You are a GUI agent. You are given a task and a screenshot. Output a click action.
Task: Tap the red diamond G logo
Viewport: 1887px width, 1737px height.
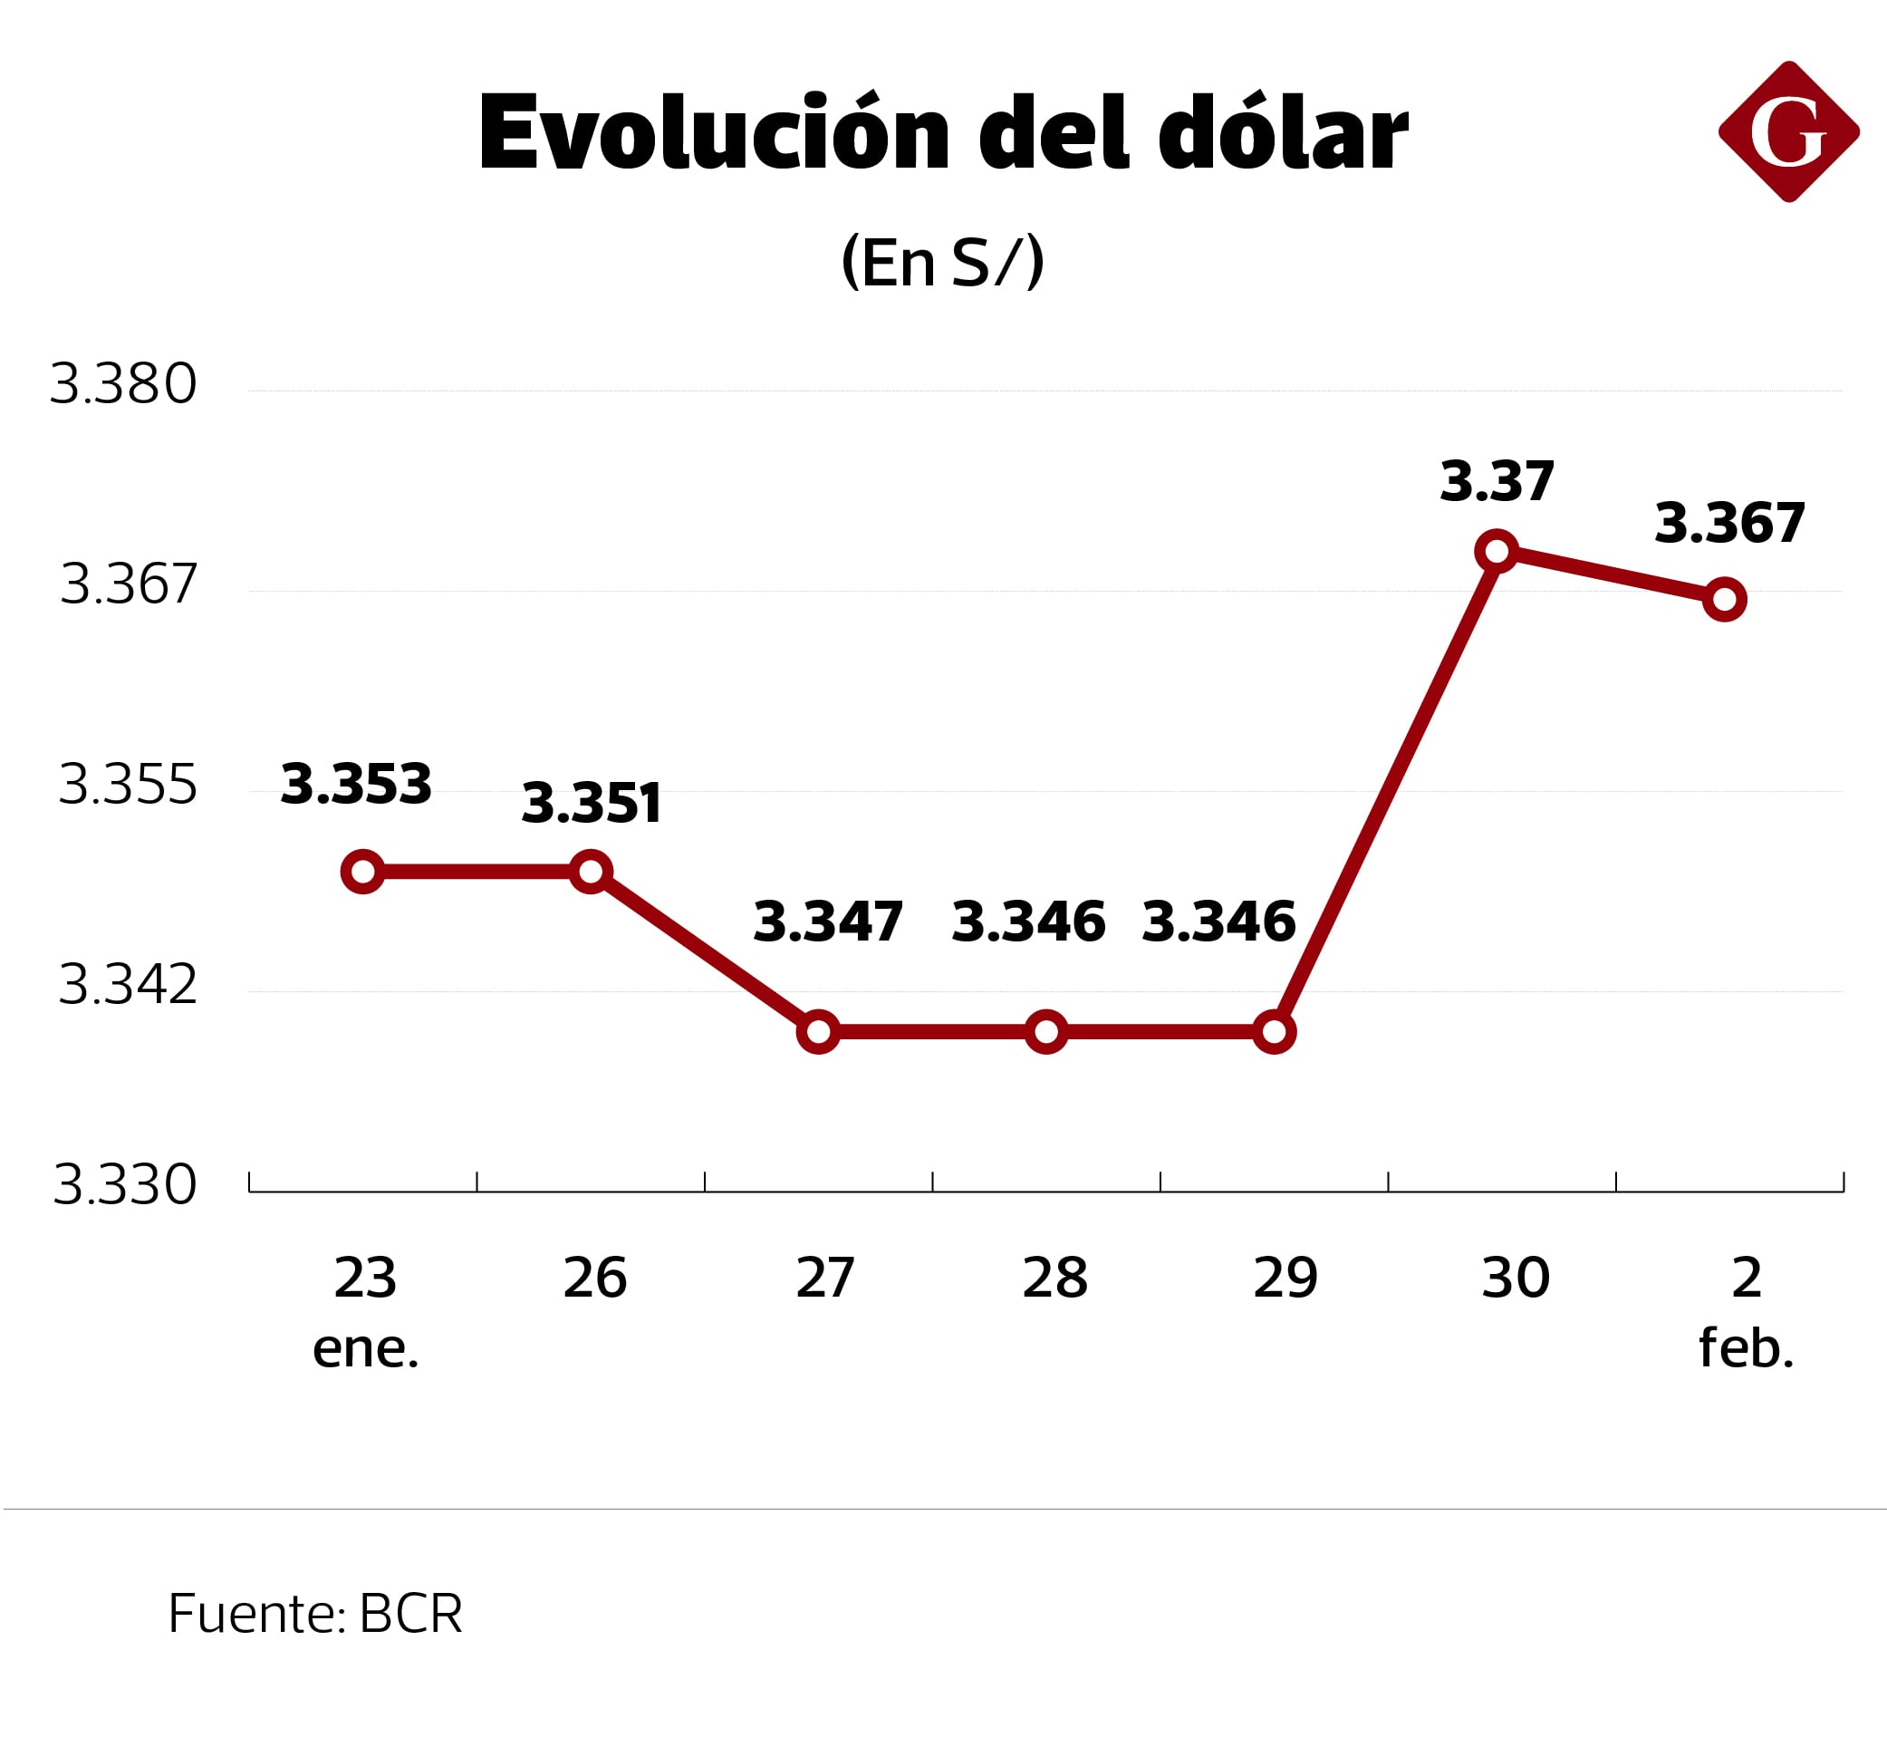tap(1787, 131)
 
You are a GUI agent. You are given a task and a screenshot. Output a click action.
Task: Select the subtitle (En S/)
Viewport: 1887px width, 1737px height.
tap(942, 262)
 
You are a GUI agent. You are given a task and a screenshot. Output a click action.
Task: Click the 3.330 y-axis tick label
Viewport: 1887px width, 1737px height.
tap(125, 1184)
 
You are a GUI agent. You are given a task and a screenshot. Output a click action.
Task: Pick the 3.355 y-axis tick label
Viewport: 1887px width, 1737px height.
tap(128, 784)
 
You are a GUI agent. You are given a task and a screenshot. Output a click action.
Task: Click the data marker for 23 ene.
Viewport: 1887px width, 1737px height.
tap(362, 873)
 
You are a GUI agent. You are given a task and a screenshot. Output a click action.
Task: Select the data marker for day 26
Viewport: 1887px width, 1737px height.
tap(590, 872)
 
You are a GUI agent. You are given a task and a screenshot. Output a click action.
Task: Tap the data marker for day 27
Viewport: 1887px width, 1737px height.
tap(819, 1032)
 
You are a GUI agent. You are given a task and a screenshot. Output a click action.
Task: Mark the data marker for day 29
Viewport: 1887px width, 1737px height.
tap(1274, 1032)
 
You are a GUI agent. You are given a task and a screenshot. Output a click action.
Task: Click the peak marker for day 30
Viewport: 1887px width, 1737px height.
tap(1497, 551)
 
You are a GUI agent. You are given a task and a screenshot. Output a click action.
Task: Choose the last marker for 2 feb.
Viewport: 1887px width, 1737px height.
tap(1725, 600)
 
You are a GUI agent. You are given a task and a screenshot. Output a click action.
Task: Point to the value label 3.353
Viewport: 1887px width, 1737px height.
tap(356, 784)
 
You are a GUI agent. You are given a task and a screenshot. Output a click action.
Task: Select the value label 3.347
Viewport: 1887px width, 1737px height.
tap(828, 922)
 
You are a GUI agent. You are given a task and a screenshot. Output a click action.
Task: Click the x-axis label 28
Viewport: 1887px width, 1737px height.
tap(1054, 1279)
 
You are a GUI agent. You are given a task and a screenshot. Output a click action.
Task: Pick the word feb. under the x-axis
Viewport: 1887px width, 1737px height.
tap(1746, 1348)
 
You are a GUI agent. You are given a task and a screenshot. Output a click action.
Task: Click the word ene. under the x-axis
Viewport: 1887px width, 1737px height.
tap(366, 1348)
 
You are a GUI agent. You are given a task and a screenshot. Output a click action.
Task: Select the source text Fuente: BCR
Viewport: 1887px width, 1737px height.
tap(315, 1613)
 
